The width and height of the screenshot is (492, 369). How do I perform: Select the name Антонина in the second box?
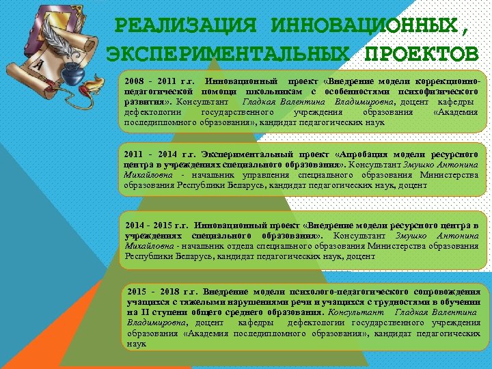459,165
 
